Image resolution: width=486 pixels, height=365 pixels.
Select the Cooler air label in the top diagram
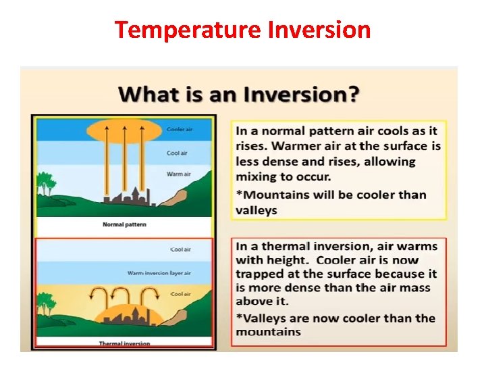[x=177, y=129]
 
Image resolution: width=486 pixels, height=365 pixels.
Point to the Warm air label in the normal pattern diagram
[x=178, y=174]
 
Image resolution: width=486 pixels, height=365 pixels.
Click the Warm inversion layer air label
[x=159, y=273]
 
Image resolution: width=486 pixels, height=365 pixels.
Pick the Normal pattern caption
[x=124, y=224]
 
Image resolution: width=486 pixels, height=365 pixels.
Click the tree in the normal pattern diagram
[x=45, y=183]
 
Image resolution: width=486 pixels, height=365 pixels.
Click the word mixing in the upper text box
[x=256, y=177]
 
